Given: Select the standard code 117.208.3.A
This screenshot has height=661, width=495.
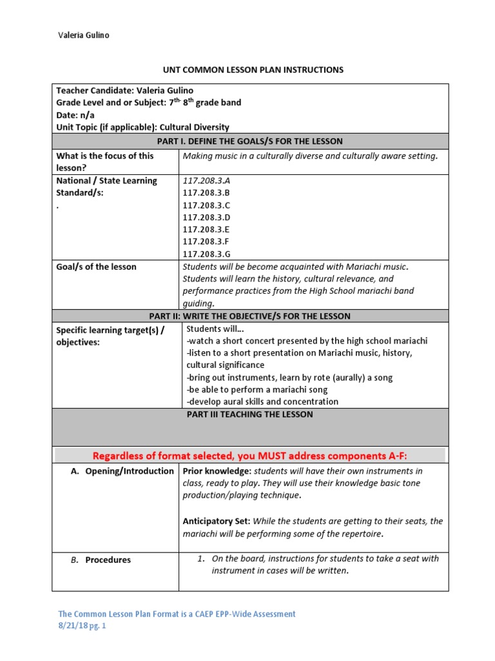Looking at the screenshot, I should (206, 181).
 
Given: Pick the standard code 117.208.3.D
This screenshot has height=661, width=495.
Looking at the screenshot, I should (206, 217).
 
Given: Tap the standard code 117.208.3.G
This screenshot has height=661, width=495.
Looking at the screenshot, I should (206, 253).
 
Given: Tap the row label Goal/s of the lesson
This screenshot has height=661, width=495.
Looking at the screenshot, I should (97, 267).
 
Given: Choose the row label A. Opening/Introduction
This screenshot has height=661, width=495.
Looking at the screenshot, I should (121, 471).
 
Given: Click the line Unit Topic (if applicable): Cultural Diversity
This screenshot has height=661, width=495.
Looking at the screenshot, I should (142, 127).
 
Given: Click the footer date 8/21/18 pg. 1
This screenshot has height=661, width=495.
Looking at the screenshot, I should (81, 626).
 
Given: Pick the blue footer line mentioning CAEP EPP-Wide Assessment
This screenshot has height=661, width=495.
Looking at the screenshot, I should (177, 614).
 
